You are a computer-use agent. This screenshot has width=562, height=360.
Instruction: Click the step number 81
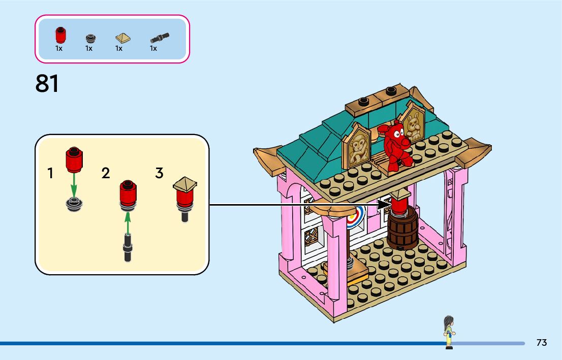click(47, 84)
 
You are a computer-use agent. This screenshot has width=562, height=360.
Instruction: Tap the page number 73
click(542, 343)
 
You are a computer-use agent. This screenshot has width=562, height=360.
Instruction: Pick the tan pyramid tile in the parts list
click(122, 38)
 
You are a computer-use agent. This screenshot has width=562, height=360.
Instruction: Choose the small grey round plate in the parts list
click(90, 38)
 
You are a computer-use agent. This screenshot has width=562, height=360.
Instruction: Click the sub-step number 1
click(50, 174)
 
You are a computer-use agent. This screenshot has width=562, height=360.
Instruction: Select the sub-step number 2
click(106, 174)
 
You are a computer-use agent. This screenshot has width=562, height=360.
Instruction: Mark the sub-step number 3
click(160, 173)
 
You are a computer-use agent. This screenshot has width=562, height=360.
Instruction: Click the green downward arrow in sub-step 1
click(74, 186)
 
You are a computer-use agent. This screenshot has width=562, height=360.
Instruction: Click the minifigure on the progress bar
click(449, 332)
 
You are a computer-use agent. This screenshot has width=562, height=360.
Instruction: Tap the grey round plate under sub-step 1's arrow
click(74, 204)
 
